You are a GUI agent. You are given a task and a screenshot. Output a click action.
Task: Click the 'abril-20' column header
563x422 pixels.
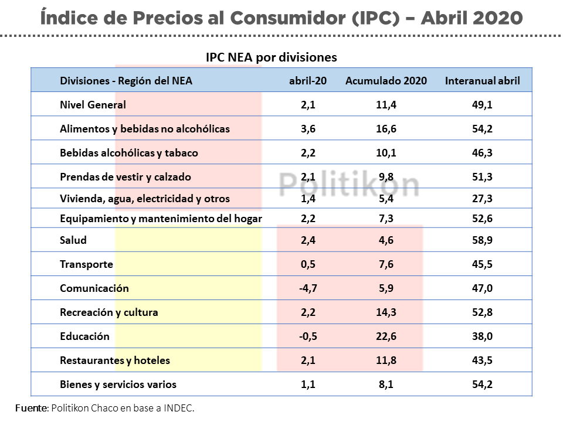click(x=308, y=81)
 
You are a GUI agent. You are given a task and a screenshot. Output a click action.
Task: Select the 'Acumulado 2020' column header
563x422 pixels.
click(x=386, y=81)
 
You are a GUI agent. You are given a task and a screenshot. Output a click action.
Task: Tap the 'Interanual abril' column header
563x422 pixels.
click(x=482, y=81)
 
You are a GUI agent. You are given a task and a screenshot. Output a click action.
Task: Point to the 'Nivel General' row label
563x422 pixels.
click(x=93, y=105)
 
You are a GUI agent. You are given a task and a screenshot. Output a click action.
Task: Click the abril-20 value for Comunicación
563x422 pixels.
click(x=308, y=288)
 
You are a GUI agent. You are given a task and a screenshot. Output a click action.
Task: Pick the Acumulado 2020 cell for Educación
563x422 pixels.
click(x=386, y=336)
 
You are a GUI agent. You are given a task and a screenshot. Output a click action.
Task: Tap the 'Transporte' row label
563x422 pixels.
click(x=86, y=264)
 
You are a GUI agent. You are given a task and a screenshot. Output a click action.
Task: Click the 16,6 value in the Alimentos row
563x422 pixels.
click(x=386, y=128)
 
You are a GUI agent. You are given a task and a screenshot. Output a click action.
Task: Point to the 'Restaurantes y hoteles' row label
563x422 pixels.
click(x=115, y=360)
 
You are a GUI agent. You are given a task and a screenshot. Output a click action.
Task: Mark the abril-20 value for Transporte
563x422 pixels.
click(x=308, y=264)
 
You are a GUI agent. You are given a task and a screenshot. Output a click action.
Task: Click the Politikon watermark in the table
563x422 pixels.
click(x=349, y=184)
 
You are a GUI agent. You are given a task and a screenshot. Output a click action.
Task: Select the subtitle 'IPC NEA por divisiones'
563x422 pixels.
click(x=271, y=57)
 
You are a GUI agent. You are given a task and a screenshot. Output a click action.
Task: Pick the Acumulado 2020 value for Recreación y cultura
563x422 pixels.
click(x=386, y=312)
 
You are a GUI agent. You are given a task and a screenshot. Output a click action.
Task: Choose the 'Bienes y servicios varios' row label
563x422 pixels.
click(x=118, y=384)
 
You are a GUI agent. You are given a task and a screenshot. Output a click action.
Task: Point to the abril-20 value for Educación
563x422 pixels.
click(x=308, y=336)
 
